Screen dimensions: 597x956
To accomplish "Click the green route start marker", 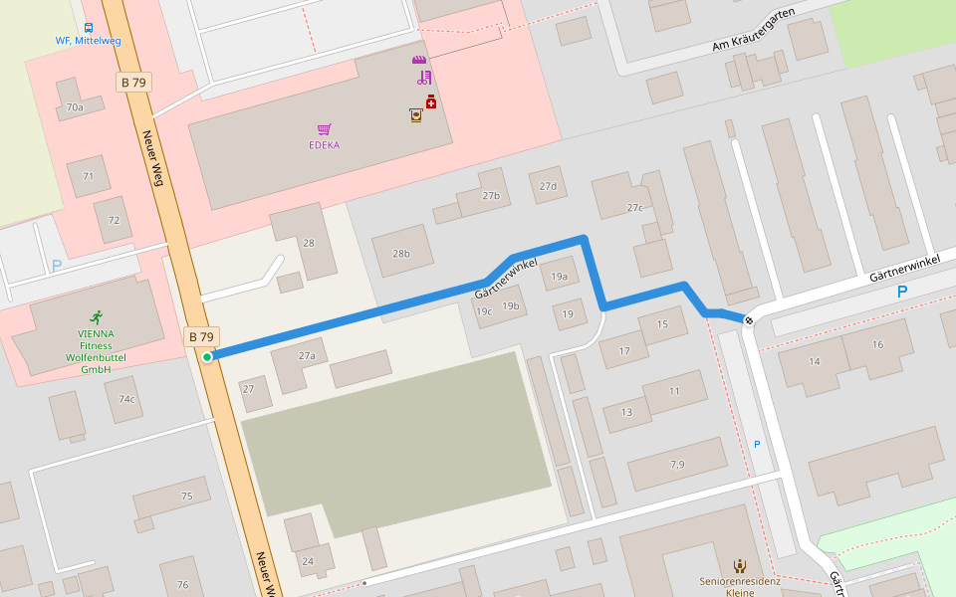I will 207,357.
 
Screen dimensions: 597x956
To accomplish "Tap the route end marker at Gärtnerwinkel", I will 748,320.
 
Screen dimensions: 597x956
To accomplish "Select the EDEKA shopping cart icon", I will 324,129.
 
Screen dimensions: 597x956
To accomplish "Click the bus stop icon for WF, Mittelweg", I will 89,28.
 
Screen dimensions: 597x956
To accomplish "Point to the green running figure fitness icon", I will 96,317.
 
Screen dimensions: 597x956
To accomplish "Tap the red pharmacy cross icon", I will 431,101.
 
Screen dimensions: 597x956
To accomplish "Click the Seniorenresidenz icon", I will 740,565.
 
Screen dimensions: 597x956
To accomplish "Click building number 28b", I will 401,254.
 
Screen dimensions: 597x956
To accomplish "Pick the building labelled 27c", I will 635,207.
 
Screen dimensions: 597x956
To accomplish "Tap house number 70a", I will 75,106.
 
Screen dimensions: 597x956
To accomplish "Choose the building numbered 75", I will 186,496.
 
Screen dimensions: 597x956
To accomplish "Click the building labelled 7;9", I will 677,464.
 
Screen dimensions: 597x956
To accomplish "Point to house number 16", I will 877,344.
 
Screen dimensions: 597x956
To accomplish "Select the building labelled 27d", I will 548,186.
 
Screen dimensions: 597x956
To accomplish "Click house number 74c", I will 126,399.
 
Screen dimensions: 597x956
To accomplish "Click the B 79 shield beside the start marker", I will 201,336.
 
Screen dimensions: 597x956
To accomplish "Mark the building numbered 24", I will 308,561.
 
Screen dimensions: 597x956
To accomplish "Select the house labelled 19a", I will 559,277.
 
